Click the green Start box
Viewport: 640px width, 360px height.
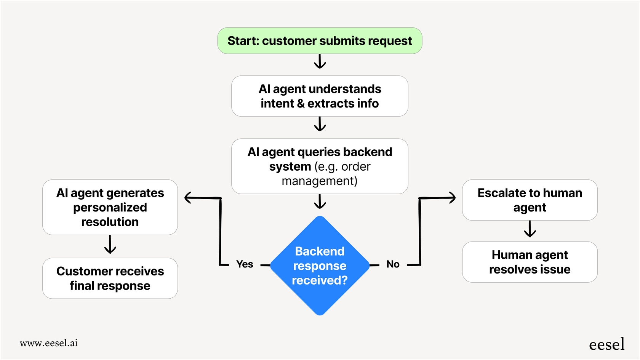320,41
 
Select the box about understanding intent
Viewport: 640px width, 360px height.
320,96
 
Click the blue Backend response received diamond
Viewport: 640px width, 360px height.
320,266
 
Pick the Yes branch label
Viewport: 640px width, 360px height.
244,264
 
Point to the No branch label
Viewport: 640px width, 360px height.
393,264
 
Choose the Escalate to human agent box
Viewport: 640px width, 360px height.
530,200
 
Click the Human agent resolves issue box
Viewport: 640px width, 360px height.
530,262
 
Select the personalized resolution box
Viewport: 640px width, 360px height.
110,207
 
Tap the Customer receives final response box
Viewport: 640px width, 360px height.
110,278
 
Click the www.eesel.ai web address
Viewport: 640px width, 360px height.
49,343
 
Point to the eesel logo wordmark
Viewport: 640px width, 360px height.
606,344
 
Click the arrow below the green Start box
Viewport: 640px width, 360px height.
320,61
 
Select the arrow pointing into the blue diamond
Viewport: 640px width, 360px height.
320,202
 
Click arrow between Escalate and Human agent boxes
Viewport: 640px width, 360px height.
530,229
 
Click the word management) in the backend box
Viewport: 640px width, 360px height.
319,181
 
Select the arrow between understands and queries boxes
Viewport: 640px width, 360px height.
320,124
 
